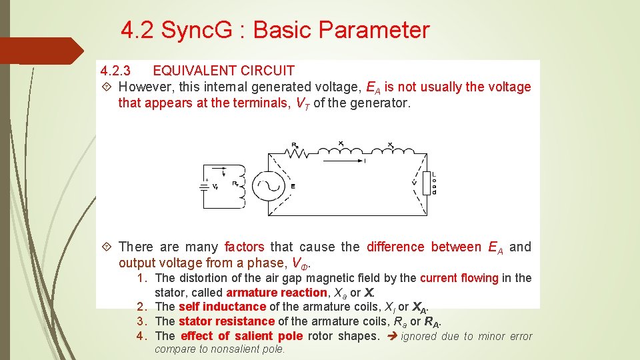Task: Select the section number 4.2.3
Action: [x=115, y=71]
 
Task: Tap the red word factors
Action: [x=244, y=247]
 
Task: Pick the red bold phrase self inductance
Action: [x=222, y=307]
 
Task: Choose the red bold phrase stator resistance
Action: [x=227, y=321]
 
